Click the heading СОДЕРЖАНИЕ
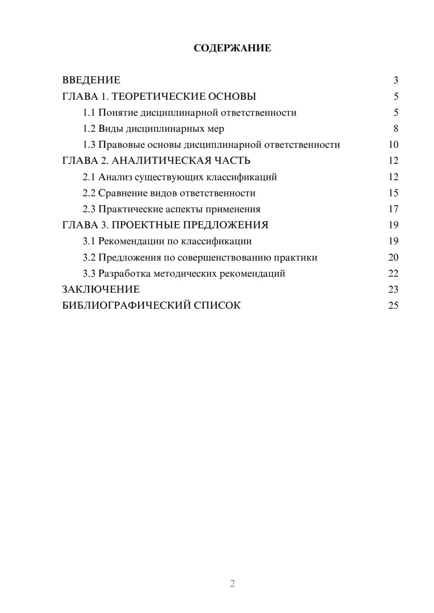click(232, 48)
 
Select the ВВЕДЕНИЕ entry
click(91, 80)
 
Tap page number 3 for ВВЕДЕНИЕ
click(395, 80)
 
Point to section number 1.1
click(89, 113)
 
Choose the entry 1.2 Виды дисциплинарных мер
click(153, 129)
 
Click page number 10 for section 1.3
click(393, 145)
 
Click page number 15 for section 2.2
click(393, 193)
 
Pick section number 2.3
click(89, 209)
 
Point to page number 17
click(393, 209)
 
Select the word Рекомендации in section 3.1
click(132, 241)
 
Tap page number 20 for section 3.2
click(393, 258)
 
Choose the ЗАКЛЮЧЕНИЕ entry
click(101, 290)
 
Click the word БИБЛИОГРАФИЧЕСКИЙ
click(126, 306)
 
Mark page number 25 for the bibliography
click(393, 306)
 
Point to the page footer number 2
click(232, 584)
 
